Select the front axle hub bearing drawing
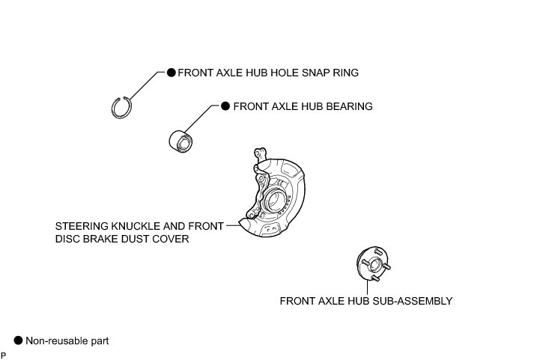tap(180, 139)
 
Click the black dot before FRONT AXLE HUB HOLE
tap(171, 73)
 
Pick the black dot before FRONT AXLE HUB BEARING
tap(225, 106)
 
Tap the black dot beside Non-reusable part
tap(18, 341)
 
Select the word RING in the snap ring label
tap(345, 73)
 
